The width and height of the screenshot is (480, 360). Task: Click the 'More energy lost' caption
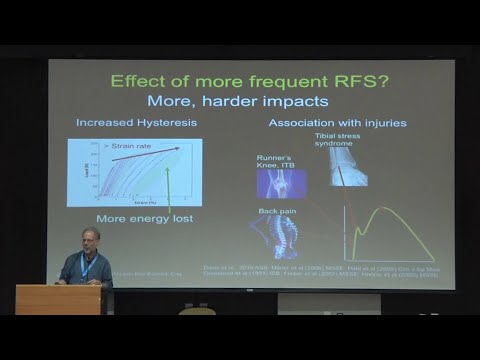[x=145, y=218]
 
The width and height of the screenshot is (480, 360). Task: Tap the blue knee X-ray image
[x=282, y=184]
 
